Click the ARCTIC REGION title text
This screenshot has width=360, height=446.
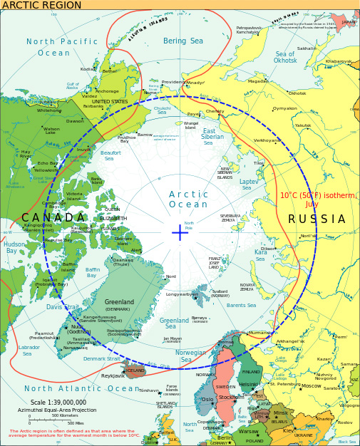pyautogui.click(x=41, y=5)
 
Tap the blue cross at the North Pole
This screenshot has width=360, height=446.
pyautogui.click(x=180, y=232)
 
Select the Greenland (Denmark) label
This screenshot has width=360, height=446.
pyautogui.click(x=118, y=305)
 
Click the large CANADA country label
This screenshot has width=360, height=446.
pyautogui.click(x=53, y=217)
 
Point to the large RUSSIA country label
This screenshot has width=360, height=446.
pyautogui.click(x=317, y=219)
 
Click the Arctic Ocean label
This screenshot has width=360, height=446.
pyautogui.click(x=188, y=199)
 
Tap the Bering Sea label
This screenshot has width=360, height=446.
pyautogui.click(x=183, y=41)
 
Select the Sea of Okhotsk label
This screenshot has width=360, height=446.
pyautogui.click(x=285, y=58)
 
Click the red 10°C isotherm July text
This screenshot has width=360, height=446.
pyautogui.click(x=318, y=199)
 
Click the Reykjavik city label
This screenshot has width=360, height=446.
pyautogui.click(x=113, y=375)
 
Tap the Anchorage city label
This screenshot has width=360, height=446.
pyautogui.click(x=107, y=91)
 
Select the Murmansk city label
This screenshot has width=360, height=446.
pyautogui.click(x=259, y=333)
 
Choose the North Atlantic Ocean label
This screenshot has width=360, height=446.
pyautogui.click(x=81, y=388)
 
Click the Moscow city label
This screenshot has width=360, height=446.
pyautogui.click(x=312, y=385)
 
